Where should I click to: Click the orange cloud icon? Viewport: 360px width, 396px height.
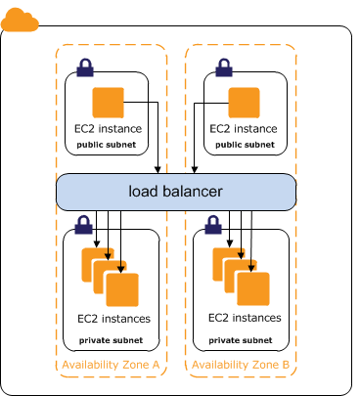20,20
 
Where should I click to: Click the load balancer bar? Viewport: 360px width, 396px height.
175,191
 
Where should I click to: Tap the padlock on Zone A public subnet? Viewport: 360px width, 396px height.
85,68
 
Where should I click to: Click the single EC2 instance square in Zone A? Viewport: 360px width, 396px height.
108,103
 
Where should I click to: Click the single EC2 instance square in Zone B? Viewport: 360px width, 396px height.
244,103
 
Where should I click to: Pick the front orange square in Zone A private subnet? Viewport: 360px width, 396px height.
123,289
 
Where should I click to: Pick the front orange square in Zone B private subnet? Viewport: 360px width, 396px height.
254,288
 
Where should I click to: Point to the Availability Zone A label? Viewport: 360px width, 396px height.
111,365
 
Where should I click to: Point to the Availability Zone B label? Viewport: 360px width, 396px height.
241,365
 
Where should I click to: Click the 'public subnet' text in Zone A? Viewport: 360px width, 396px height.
108,144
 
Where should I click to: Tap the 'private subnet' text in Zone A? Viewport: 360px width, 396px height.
111,339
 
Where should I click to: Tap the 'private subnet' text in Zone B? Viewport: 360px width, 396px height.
242,339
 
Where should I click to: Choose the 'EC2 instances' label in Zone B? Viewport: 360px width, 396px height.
245,318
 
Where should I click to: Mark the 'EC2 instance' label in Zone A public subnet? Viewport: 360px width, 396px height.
108,128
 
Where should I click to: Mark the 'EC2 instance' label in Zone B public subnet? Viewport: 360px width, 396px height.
244,128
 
